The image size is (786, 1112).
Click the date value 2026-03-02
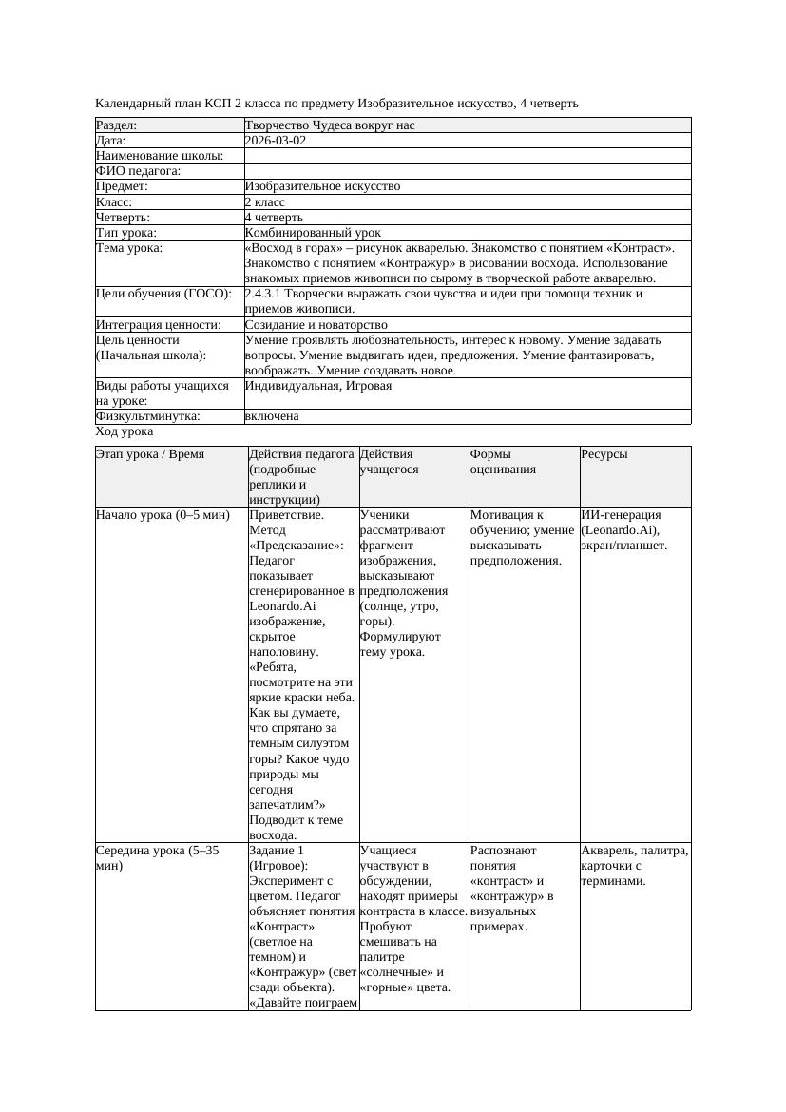276,141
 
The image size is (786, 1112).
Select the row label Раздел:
117,125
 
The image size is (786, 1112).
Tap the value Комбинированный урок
313,233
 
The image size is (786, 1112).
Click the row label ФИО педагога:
139,171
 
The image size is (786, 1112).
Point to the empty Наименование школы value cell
467,156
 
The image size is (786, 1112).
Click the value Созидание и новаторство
316,325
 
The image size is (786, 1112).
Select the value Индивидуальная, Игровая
318,386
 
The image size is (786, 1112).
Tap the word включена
272,416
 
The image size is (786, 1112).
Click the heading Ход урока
125,431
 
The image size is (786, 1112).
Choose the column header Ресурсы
604,454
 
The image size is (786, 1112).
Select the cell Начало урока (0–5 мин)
163,515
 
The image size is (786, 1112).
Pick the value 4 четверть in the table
275,218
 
